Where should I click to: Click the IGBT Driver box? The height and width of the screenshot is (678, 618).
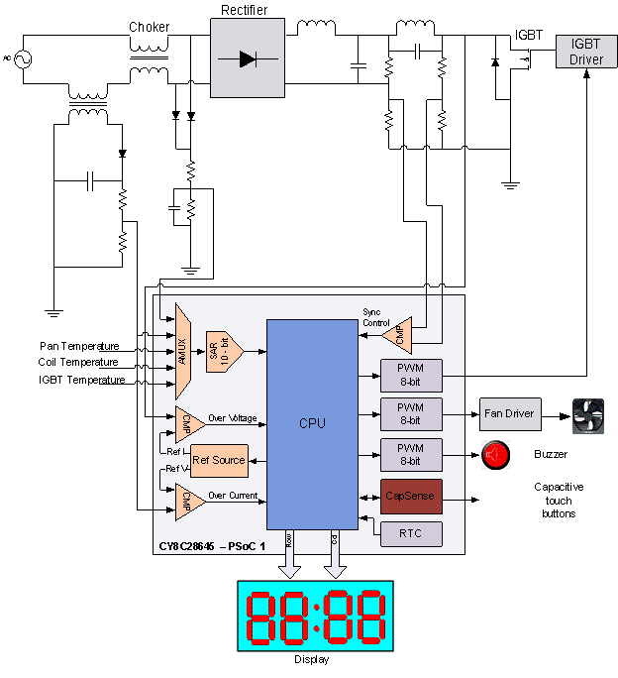[x=586, y=53]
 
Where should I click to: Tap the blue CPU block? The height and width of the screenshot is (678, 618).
[x=312, y=423]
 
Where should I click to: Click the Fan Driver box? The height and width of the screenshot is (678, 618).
[x=510, y=412]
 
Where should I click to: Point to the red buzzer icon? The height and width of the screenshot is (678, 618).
[x=495, y=455]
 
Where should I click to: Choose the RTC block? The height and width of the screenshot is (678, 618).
[x=409, y=533]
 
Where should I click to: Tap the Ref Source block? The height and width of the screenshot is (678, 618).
[x=218, y=460]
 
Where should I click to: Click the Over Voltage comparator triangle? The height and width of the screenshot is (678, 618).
[x=187, y=419]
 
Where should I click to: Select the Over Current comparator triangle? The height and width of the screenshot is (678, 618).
[x=187, y=500]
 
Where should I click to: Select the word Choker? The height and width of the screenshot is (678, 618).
[x=149, y=27]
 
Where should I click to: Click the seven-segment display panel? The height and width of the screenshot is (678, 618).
[x=314, y=616]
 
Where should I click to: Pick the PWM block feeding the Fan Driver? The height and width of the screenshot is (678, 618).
[x=409, y=412]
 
